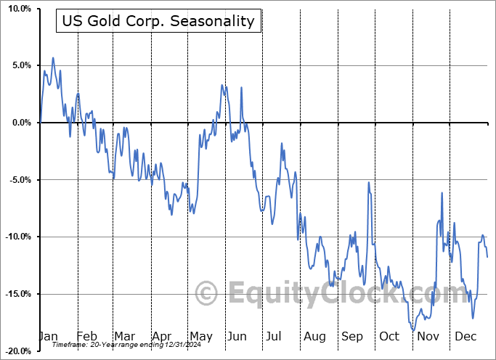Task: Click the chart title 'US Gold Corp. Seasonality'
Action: pyautogui.click(x=158, y=21)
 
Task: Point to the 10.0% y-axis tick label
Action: pyautogui.click(x=19, y=9)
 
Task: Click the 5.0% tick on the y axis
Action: pyautogui.click(x=21, y=66)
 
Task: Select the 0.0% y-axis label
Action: pyautogui.click(x=21, y=123)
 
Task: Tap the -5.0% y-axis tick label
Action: pyautogui.click(x=19, y=180)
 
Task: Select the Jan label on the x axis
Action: pyautogui.click(x=48, y=337)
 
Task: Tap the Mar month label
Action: pyautogui.click(x=123, y=337)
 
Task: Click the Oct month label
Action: pyautogui.click(x=389, y=337)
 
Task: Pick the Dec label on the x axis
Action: pyautogui.click(x=465, y=337)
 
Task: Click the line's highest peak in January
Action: pyautogui.click(x=53, y=57)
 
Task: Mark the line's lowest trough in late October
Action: pyautogui.click(x=413, y=331)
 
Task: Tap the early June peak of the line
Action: pyautogui.click(x=223, y=86)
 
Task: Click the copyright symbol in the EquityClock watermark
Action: pyautogui.click(x=208, y=294)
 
